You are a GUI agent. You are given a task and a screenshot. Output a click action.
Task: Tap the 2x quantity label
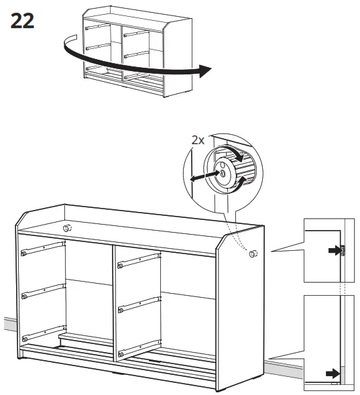point(198,140)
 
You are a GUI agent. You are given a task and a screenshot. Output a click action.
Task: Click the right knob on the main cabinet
point(253,253)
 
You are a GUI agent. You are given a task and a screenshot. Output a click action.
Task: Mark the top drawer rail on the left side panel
point(44,250)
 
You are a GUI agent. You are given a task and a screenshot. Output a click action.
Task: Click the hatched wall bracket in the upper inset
point(342,251)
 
